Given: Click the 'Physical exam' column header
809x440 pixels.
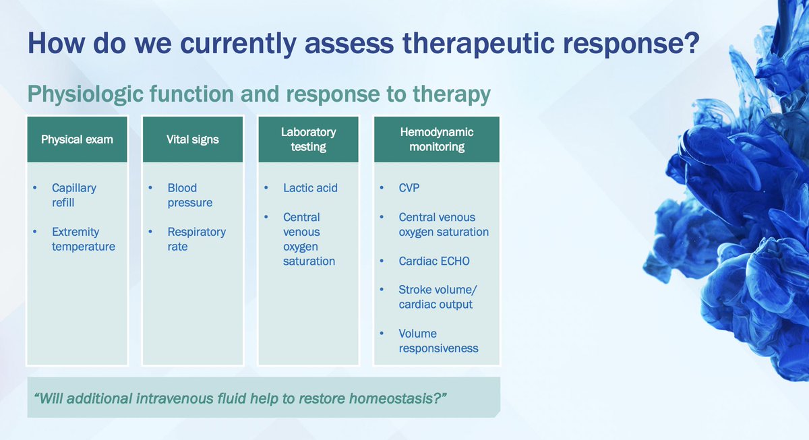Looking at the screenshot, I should tap(77, 139).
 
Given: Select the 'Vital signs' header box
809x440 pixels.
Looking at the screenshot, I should tap(192, 139).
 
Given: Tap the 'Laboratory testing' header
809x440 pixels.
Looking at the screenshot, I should tap(309, 139).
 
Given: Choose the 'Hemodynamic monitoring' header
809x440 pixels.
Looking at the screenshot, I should tap(437, 139).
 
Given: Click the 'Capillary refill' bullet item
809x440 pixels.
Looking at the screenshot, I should tap(73, 195).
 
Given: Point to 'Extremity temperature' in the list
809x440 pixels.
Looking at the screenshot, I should tap(83, 239).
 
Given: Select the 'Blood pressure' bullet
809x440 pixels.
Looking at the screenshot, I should tap(189, 195).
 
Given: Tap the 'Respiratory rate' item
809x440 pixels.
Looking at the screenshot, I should tap(196, 239).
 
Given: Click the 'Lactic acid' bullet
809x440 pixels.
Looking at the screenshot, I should tap(310, 188).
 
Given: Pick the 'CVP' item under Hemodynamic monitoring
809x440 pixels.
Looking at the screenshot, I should tap(409, 188).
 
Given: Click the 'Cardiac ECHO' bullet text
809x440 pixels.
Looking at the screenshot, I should tap(434, 261).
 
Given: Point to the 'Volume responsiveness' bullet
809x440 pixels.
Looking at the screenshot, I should tap(438, 341).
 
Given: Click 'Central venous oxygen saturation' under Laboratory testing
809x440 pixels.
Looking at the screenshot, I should tap(309, 239).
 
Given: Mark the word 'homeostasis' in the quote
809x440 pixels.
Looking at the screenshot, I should tap(399, 398).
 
